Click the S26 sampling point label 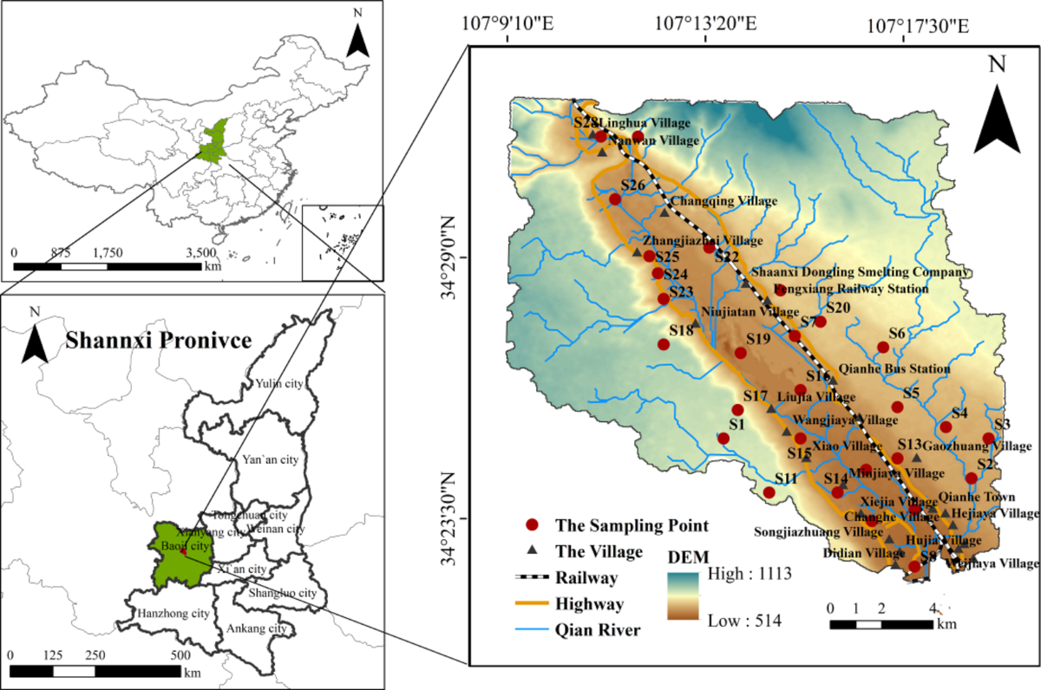click(633, 186)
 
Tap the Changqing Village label click(723, 201)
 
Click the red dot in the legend click(534, 525)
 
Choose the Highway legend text click(598, 602)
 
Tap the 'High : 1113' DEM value click(743, 573)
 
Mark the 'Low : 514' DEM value click(743, 620)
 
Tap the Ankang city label click(256, 628)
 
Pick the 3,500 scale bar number click(202, 253)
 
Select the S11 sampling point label click(786, 478)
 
